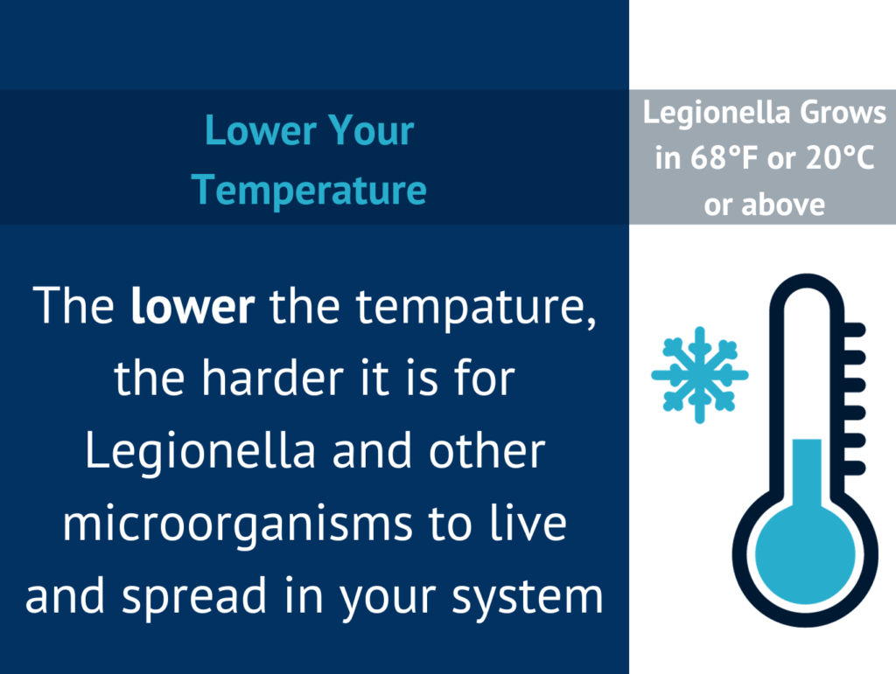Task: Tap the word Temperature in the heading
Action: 309,190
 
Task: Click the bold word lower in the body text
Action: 192,307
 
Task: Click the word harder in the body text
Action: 273,379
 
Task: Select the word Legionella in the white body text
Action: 200,453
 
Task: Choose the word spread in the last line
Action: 194,598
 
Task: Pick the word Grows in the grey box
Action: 843,113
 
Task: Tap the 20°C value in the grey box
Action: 840,157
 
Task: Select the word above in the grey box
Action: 783,205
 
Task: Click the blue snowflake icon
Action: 700,375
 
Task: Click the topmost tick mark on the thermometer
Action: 854,330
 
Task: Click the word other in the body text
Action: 486,452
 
